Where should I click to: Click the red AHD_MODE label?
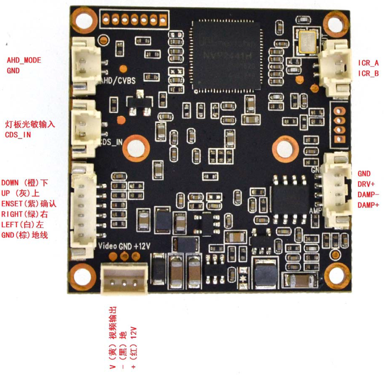point(24,60)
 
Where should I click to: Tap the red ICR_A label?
point(368,63)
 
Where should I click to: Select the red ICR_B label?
point(368,73)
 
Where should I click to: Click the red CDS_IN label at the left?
point(18,135)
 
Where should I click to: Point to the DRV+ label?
point(366,184)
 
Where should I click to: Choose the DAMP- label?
point(368,195)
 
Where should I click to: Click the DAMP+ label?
point(368,205)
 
